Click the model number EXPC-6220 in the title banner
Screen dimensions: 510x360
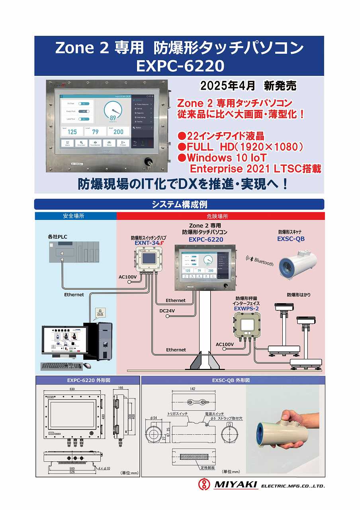pyautogui.click(x=180, y=65)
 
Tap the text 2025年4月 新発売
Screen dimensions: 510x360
pyautogui.click(x=248, y=86)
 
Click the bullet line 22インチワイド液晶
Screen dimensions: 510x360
pyautogui.click(x=221, y=135)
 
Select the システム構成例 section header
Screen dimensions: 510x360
pyautogui.click(x=179, y=204)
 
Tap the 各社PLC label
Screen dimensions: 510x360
pyautogui.click(x=57, y=237)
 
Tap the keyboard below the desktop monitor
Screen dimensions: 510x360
pyautogui.click(x=61, y=366)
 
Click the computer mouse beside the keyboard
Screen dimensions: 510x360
pyautogui.click(x=87, y=365)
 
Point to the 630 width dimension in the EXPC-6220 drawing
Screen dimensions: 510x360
pyautogui.click(x=72, y=389)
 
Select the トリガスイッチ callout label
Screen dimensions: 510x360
pyautogui.click(x=177, y=414)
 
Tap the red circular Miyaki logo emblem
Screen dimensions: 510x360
pyautogui.click(x=204, y=484)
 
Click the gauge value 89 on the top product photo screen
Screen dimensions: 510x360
pyautogui.click(x=113, y=118)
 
